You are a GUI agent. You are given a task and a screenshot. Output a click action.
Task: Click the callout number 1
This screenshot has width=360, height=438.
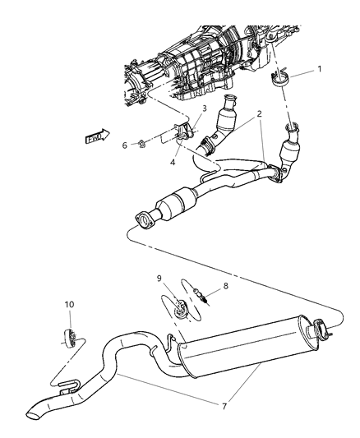click(321, 71)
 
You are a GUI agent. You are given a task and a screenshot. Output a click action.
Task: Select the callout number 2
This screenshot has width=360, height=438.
click(261, 114)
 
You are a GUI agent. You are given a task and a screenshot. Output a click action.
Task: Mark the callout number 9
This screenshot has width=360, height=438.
click(160, 279)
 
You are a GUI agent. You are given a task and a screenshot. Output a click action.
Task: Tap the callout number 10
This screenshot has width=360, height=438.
click(69, 305)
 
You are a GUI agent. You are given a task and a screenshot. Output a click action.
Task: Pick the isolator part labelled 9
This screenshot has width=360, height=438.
click(179, 311)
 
